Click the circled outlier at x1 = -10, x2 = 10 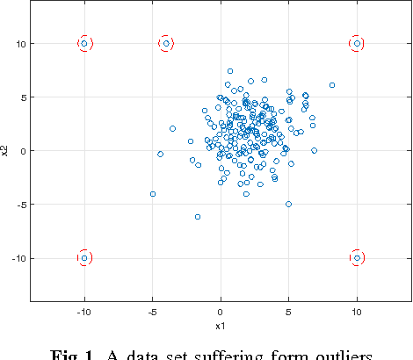point(84,43)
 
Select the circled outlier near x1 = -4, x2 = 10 point(166,43)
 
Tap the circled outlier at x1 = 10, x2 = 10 point(357,43)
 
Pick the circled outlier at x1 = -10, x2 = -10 point(84,257)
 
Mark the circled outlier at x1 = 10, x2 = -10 point(357,257)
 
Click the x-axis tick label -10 point(83,312)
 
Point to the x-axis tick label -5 point(151,312)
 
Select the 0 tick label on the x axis point(221,312)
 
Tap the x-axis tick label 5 point(288,312)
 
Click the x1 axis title point(221,325)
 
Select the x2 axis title point(6,150)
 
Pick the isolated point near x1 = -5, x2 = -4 point(153,193)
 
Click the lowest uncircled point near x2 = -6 point(198,216)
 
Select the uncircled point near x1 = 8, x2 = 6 point(332,85)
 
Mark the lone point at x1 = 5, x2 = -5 point(288,204)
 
